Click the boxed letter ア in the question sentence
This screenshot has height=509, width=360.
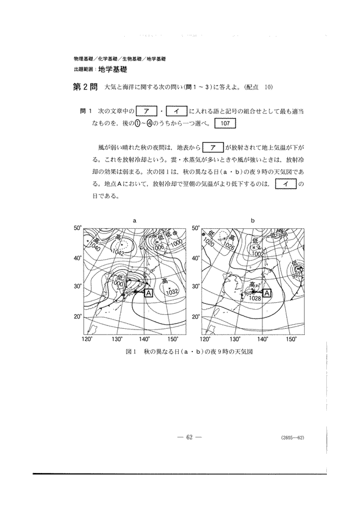coord(146,110)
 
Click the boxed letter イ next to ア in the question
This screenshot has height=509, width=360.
coord(175,110)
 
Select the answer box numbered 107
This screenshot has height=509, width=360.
coord(225,123)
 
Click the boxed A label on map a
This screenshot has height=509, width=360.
coord(149,294)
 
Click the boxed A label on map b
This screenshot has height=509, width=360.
coord(268,294)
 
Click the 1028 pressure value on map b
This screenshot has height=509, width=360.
coord(254,298)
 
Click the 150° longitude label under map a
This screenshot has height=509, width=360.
coord(173,339)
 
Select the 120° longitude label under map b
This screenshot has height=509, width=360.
coord(205,339)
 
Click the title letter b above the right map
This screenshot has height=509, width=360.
coord(253,221)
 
